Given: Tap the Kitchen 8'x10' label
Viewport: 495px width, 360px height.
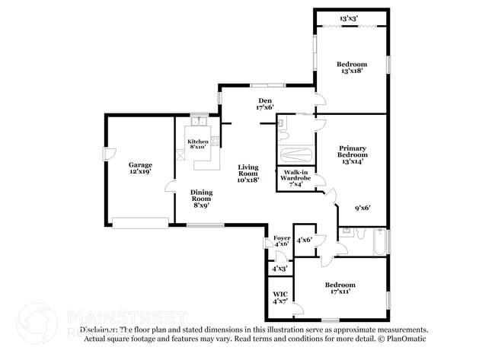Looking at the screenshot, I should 198,144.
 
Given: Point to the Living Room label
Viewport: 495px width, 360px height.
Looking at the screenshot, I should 248,173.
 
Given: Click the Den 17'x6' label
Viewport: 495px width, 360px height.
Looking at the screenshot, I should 265,104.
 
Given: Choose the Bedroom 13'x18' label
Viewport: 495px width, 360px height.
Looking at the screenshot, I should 352,67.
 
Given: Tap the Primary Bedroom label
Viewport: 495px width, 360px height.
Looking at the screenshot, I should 352,155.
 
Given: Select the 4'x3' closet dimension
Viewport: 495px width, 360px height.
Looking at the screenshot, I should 279,269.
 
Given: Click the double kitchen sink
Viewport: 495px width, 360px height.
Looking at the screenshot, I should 199,122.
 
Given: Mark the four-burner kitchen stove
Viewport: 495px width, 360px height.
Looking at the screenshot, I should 216,140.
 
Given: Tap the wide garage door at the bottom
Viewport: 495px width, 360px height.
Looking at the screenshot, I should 139,223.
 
